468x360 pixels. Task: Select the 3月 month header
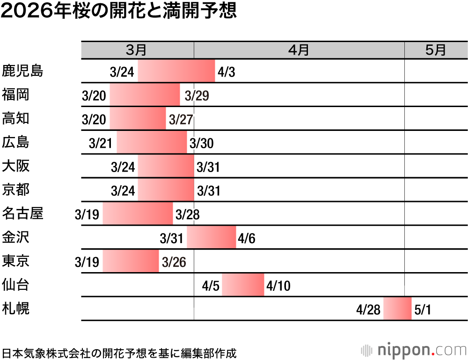click(x=137, y=50)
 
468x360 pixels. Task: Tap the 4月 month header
click(x=299, y=50)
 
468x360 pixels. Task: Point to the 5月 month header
click(x=436, y=50)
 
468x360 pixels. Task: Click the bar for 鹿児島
click(x=176, y=71)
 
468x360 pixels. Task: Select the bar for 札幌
click(x=397, y=309)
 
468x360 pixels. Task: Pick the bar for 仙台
click(x=243, y=285)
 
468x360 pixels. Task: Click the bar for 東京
click(x=131, y=261)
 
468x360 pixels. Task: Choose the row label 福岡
click(x=16, y=95)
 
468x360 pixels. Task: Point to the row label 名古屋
click(x=23, y=214)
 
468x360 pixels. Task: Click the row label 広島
click(x=16, y=142)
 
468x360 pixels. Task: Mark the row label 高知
click(x=16, y=119)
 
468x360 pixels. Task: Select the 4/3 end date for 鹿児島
click(x=226, y=72)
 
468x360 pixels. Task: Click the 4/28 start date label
click(x=368, y=310)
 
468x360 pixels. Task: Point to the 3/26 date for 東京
click(x=174, y=262)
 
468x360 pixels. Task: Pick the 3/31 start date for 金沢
click(x=171, y=238)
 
